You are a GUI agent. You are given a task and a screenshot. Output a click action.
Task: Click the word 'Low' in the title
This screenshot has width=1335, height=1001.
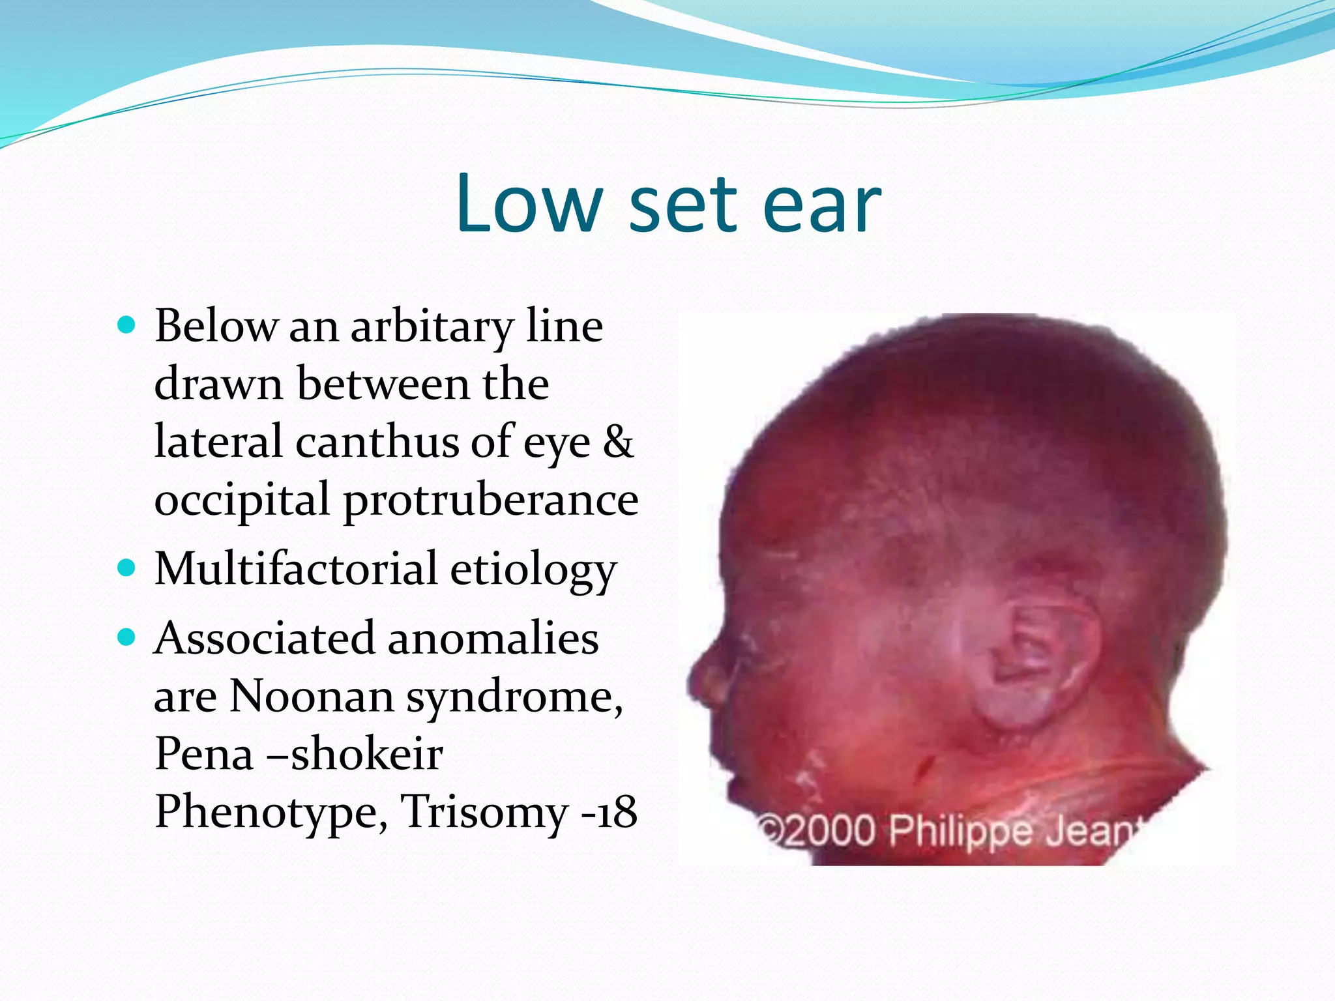click(529, 203)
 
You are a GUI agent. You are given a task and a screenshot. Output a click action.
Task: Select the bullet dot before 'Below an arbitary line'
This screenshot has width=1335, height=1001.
click(126, 324)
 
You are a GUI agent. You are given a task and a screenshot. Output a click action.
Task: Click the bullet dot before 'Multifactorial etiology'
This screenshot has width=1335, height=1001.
click(126, 568)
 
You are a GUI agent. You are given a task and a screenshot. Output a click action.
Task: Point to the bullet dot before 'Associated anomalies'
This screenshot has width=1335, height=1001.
click(126, 637)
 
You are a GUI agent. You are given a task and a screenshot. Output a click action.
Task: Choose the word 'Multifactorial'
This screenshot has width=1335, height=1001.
click(295, 569)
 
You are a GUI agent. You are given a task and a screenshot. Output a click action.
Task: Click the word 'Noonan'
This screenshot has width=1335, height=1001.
click(312, 696)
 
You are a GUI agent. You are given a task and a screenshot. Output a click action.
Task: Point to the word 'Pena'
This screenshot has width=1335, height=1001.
click(204, 754)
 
